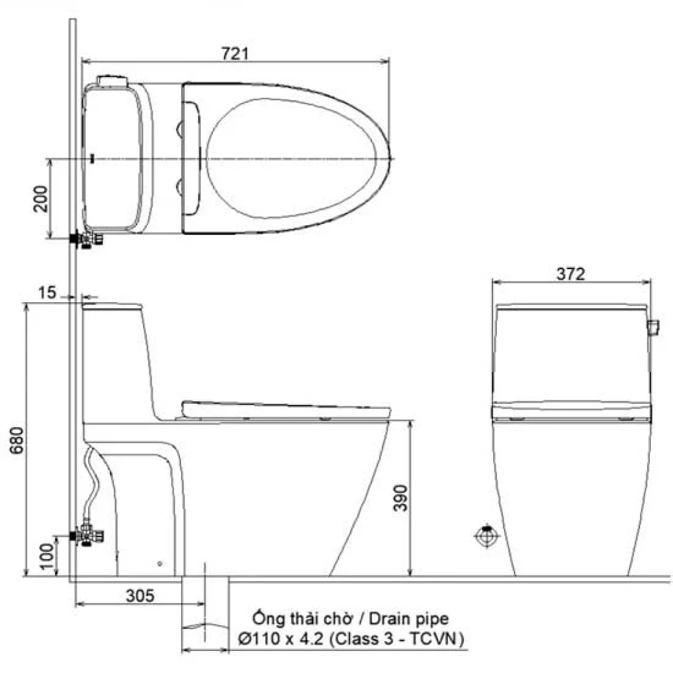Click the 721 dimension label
coord(235,53)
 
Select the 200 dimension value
coord(40,199)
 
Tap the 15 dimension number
coord(47,293)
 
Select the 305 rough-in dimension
coord(140,595)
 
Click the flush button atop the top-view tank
coord(114,80)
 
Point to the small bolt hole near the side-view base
coord(159,564)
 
